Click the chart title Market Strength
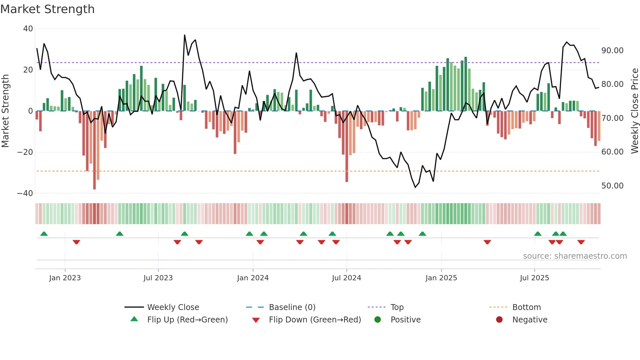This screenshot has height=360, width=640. click(47, 9)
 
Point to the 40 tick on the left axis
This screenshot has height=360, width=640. click(28, 29)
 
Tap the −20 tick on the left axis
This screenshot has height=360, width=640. click(25, 152)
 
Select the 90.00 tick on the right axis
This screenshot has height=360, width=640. click(612, 51)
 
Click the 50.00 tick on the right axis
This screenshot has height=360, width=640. click(612, 186)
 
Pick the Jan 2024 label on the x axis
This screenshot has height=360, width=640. click(253, 278)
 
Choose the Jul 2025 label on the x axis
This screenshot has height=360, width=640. click(534, 278)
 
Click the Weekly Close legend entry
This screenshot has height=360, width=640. click(173, 307)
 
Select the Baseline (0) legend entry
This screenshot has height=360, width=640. click(292, 307)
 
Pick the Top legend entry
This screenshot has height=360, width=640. click(397, 307)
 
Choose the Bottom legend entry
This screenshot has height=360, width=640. click(526, 307)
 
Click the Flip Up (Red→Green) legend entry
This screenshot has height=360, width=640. click(187, 320)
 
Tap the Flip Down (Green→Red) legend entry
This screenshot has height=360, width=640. click(315, 320)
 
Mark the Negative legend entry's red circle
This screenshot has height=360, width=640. click(499, 320)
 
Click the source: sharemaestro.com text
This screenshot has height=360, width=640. click(575, 256)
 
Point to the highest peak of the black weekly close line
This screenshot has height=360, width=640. click(184, 35)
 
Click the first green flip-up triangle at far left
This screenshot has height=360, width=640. click(44, 234)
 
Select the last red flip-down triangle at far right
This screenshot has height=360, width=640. click(581, 242)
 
